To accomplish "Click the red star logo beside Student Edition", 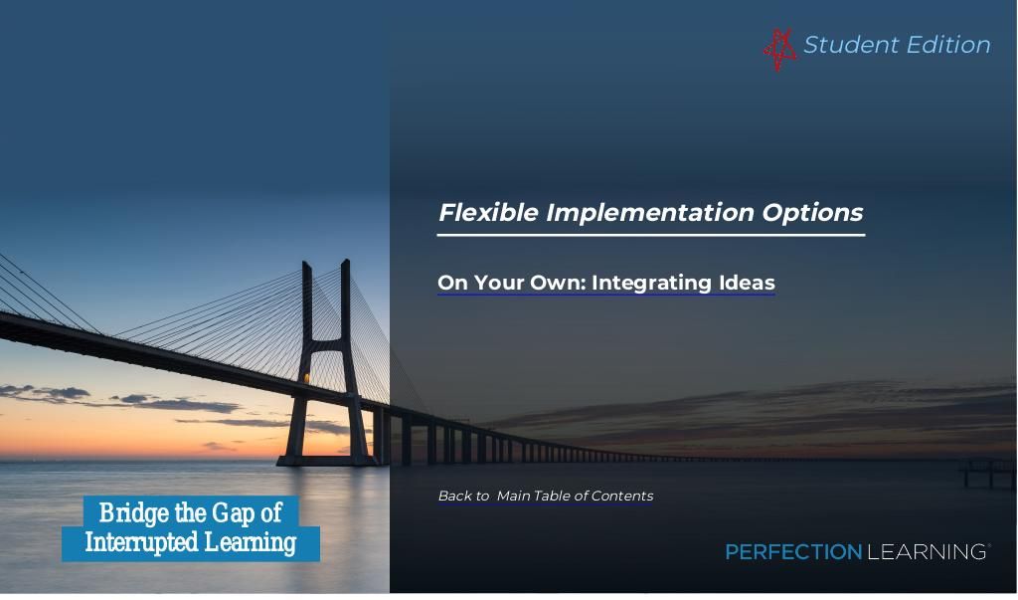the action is pyautogui.click(x=779, y=49).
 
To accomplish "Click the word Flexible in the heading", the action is pyautogui.click(x=489, y=213).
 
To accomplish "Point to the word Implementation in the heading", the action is pyautogui.click(x=650, y=214).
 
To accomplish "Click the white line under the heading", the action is pyautogui.click(x=651, y=235).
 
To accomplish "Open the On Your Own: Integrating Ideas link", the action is pyautogui.click(x=606, y=284).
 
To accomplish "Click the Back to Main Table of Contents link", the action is pyautogui.click(x=546, y=496).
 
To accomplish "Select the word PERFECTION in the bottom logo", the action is pyautogui.click(x=793, y=552).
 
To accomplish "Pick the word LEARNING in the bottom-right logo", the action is pyautogui.click(x=928, y=552).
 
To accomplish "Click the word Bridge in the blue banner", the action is pyautogui.click(x=134, y=514).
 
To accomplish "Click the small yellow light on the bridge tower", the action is pyautogui.click(x=307, y=378).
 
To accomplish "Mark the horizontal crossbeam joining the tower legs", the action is pyautogui.click(x=328, y=345).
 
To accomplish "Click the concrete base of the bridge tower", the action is pyautogui.click(x=326, y=461).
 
